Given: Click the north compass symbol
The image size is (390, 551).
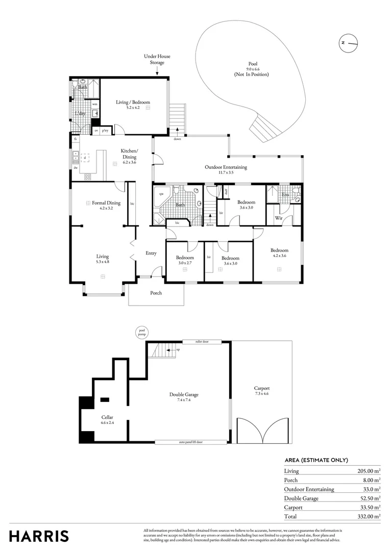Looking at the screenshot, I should tap(348, 43).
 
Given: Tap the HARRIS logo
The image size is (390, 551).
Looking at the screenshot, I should tap(39, 536).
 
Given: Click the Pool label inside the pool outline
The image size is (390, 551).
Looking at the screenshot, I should tap(251, 64).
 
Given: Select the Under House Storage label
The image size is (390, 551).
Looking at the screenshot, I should tap(157, 59).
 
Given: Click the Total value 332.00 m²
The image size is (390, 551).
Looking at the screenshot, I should tap(369, 516).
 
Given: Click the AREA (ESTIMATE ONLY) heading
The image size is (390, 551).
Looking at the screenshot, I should tap(316, 460).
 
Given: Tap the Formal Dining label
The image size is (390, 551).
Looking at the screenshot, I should tap(106, 203).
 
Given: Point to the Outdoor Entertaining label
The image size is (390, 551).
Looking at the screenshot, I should tap(226, 167).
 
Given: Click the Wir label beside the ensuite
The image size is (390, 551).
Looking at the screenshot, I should tap(279, 218).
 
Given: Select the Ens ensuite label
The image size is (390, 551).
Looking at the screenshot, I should tap(285, 194).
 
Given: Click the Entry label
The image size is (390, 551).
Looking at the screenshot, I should tap(151, 253).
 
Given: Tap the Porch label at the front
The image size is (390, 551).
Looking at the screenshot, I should tap(156, 293).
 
